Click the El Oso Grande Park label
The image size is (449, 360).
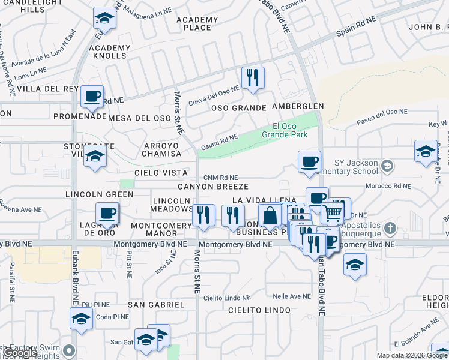click(x=290, y=130)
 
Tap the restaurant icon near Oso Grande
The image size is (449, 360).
click(x=252, y=77)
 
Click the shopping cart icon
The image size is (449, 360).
click(x=333, y=212)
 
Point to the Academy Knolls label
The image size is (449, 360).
click(x=109, y=52)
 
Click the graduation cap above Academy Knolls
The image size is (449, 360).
click(x=104, y=19)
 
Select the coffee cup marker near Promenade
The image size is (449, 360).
click(x=92, y=96)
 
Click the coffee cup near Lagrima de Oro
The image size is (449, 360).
click(x=108, y=213)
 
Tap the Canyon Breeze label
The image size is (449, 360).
click(x=212, y=187)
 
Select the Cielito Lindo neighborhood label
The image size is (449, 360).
click(x=259, y=310)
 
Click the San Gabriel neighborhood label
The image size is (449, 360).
click(x=156, y=305)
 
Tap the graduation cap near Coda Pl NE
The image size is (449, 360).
click(x=81, y=319)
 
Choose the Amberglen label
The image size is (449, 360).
click(x=297, y=106)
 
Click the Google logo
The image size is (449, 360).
click(x=21, y=353)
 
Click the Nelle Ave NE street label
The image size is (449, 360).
click(x=291, y=296)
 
